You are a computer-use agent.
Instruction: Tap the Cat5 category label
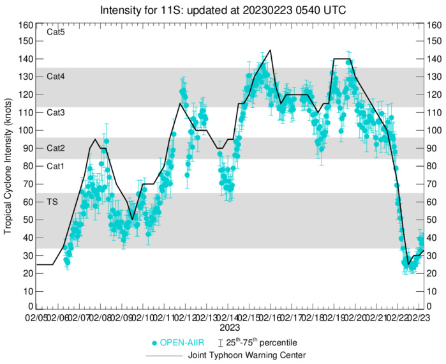(56, 32)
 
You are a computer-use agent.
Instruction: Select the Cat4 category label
(56, 76)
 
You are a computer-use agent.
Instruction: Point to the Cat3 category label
(56, 112)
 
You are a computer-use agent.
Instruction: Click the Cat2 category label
(56, 148)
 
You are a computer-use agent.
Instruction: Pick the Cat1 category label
(56, 165)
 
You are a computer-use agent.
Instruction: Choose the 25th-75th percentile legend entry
(268, 342)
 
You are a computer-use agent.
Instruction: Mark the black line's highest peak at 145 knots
(271, 50)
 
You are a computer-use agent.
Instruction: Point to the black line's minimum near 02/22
(408, 264)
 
